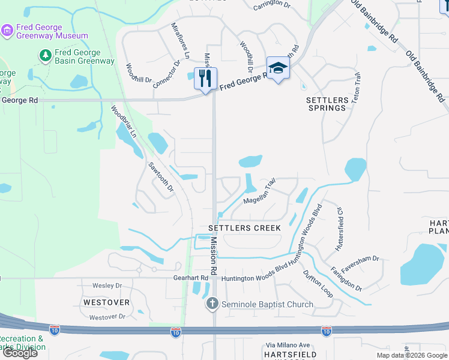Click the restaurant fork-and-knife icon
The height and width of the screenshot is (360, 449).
click(x=205, y=77)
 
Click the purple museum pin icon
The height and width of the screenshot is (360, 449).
click(x=7, y=31)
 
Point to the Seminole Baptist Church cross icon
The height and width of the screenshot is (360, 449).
click(x=212, y=304)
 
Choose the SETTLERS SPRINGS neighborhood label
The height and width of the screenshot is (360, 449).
click(x=327, y=104)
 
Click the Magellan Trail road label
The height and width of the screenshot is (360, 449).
click(x=259, y=193)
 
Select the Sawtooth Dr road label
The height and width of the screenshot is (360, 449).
click(x=161, y=178)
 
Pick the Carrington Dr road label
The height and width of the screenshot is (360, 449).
click(x=271, y=6)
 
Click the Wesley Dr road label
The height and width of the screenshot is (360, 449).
click(x=107, y=286)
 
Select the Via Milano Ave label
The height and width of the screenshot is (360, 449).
click(x=288, y=345)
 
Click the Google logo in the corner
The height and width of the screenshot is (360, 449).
click(x=20, y=353)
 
